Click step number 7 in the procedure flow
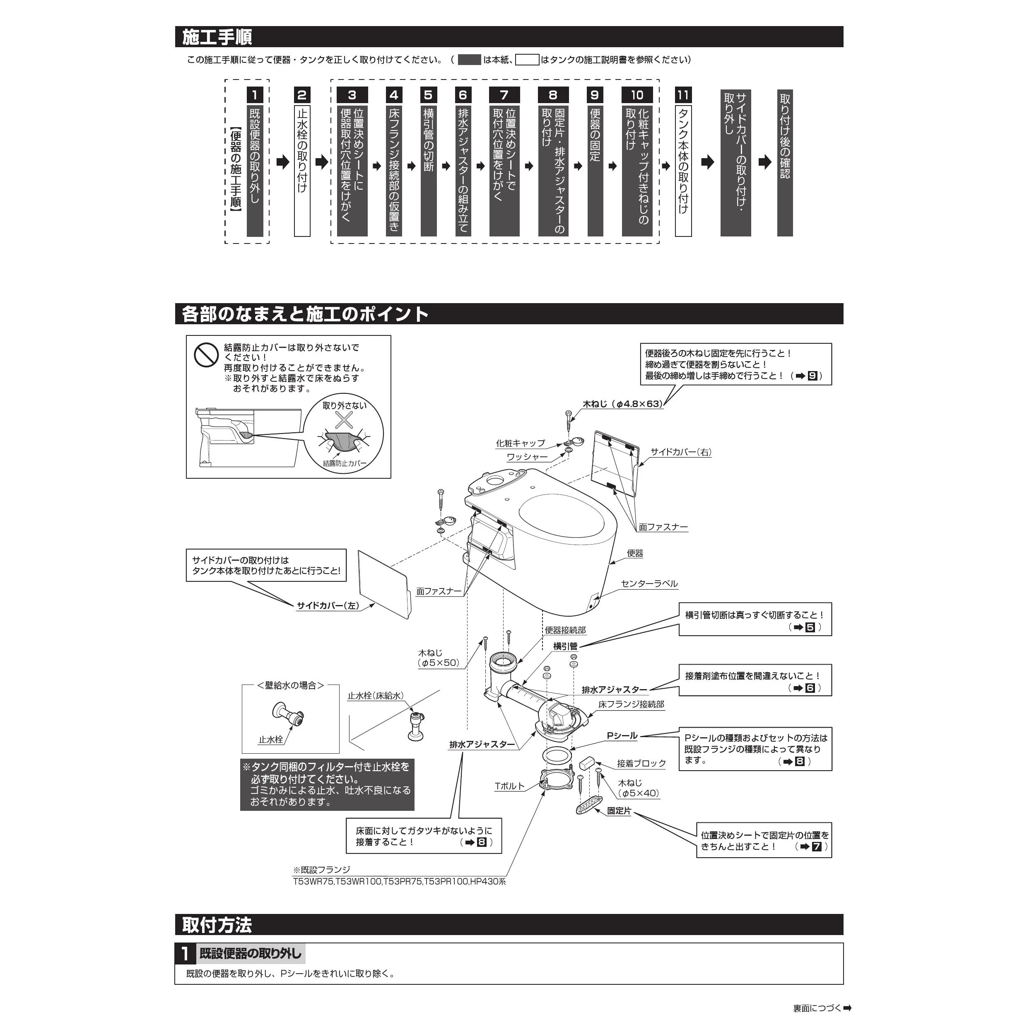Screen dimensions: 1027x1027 504,95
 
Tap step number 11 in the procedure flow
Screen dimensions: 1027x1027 682,95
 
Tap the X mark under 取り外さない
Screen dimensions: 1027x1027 345,420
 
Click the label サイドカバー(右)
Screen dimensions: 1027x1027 680,452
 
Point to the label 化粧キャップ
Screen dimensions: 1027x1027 521,443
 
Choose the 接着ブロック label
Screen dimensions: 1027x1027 641,763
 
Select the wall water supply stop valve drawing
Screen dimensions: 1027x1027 289,716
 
